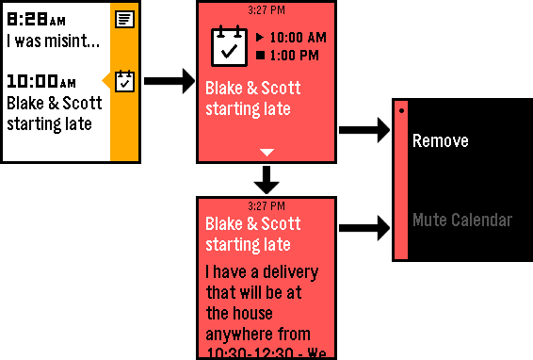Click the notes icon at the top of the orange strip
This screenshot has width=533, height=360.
(x=124, y=18)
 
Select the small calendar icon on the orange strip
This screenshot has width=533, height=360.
(x=124, y=82)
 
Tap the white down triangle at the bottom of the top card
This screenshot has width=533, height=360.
(x=266, y=151)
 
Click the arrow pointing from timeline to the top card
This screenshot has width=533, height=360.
(x=170, y=85)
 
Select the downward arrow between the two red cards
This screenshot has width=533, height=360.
(x=266, y=178)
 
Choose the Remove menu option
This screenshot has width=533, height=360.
(x=440, y=141)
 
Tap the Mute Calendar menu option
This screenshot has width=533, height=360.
(x=461, y=221)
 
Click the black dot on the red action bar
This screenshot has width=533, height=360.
(x=401, y=110)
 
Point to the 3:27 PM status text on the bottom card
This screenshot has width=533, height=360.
(x=266, y=205)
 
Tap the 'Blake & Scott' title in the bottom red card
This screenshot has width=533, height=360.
(x=252, y=224)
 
